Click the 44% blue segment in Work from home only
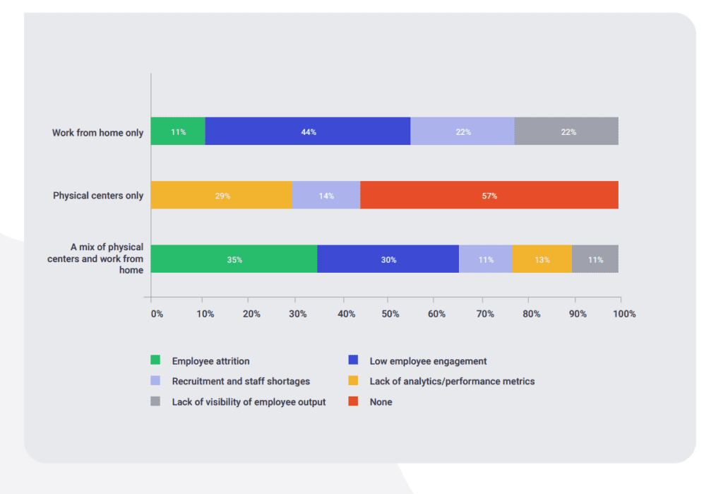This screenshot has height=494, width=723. pos(308,131)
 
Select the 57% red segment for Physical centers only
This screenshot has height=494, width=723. pos(489,195)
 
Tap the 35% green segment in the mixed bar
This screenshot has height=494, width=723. pos(234,259)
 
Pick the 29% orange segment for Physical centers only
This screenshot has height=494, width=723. pos(221,195)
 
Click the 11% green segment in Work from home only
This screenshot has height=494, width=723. pos(178,131)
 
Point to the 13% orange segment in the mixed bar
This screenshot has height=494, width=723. pos(542,259)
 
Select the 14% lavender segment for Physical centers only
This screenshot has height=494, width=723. pos(325,195)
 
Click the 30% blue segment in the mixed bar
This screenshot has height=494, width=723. pos(388,259)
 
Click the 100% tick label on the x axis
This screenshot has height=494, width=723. pos(623,314)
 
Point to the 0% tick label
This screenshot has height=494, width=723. pos(157,314)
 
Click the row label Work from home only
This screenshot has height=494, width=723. pos(97,133)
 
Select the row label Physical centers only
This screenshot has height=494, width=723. pos(98,196)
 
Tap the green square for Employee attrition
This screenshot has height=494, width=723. pos(155,361)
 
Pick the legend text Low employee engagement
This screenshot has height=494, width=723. pos(428,361)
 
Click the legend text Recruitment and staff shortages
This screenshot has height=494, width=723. pos(241,382)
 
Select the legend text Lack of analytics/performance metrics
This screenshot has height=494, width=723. pos(452,382)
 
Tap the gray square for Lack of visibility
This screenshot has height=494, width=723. pos(155,402)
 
